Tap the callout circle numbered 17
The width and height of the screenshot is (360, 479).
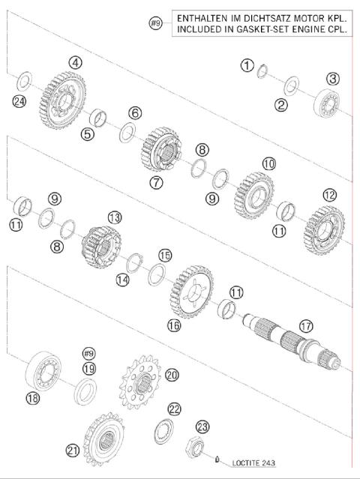pos(304,327)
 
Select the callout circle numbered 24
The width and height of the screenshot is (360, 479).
pos(19,100)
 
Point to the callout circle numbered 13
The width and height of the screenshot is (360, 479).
pos(113,217)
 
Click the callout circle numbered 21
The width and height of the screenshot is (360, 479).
pos(73,450)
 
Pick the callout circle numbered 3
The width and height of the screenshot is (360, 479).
pos(332,78)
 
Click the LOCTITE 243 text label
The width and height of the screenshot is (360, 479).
pos(254,463)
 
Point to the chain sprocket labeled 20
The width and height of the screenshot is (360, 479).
pos(139,386)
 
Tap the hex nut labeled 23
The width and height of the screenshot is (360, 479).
pos(197,447)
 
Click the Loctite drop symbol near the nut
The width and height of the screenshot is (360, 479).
pos(217,459)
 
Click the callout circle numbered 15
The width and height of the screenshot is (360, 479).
pos(164,255)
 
